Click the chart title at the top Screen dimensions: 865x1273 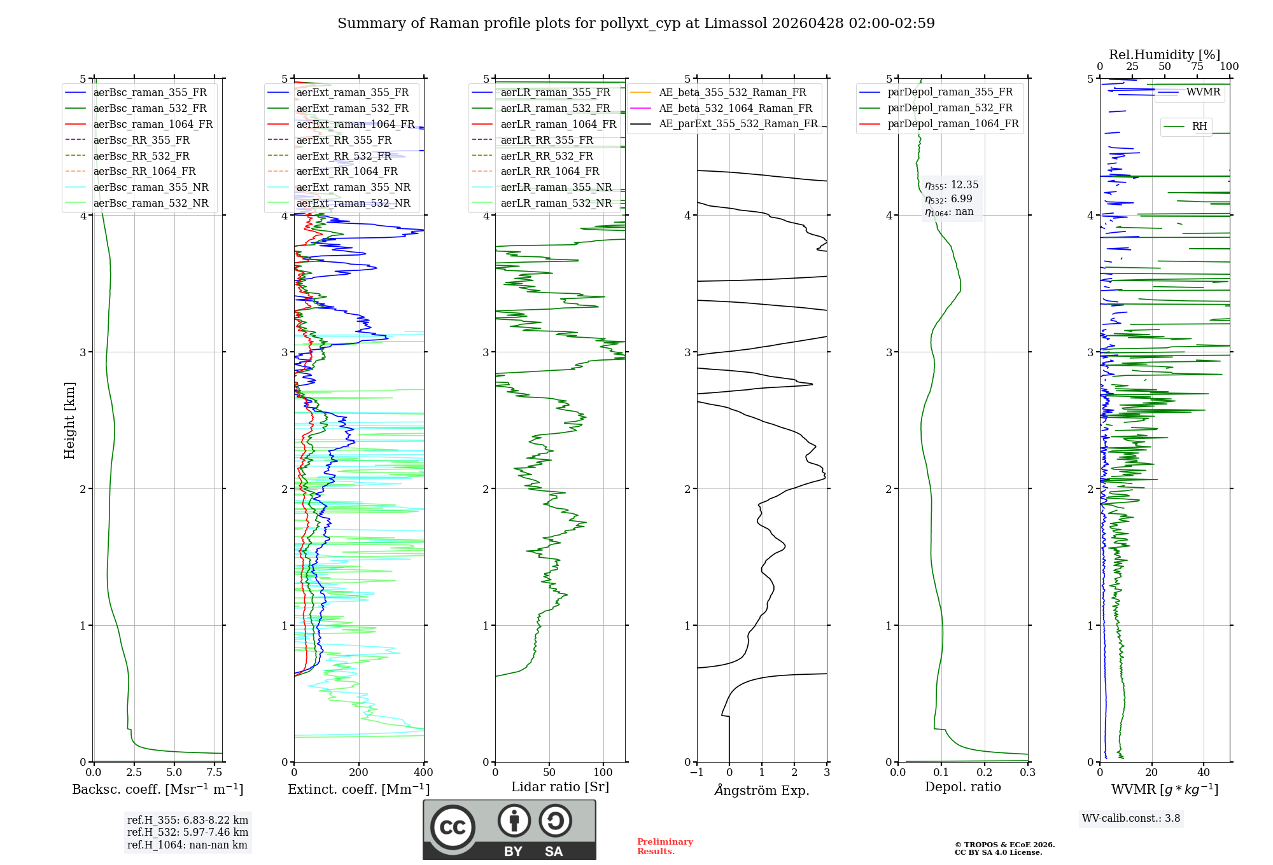636,24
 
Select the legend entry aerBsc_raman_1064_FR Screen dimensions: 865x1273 153,124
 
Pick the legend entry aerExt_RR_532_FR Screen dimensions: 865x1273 344,156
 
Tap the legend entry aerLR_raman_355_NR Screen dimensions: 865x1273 556,187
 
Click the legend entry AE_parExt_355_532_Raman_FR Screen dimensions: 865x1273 738,123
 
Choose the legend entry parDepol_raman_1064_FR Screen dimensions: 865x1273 953,123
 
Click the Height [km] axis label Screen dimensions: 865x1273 69,420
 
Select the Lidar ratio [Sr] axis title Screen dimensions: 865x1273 560,787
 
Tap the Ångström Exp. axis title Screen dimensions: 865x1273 762,790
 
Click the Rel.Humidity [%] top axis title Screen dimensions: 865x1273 1164,55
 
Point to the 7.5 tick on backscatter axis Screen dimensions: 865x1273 215,773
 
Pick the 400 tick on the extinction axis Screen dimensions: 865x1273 424,773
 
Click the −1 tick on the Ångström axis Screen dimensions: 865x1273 697,773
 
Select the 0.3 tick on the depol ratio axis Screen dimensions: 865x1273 1028,773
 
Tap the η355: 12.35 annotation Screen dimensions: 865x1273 952,185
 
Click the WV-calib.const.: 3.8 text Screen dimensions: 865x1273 1131,819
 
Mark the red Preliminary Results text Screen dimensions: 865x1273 665,847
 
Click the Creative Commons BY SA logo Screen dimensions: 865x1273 509,829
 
